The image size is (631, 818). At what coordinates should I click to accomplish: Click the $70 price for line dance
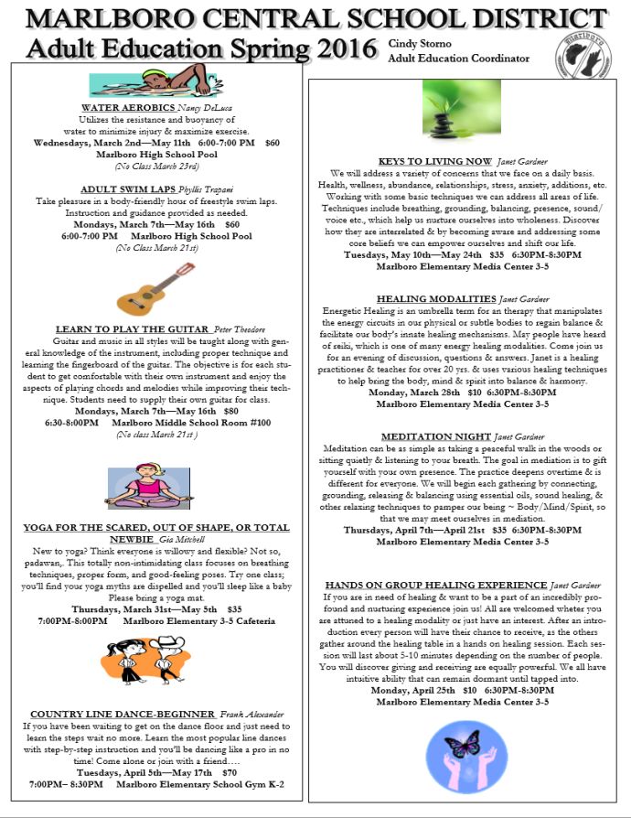tap(229, 772)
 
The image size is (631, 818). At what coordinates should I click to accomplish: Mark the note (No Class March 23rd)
tap(156, 166)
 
